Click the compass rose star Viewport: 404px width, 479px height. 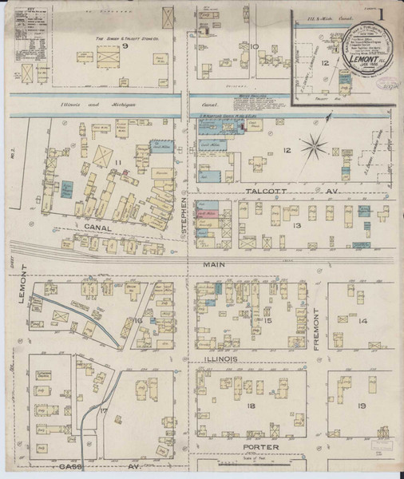[317, 147]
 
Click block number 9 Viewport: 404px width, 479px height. [124, 46]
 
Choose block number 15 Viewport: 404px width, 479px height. [269, 321]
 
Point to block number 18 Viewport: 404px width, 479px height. [251, 407]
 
